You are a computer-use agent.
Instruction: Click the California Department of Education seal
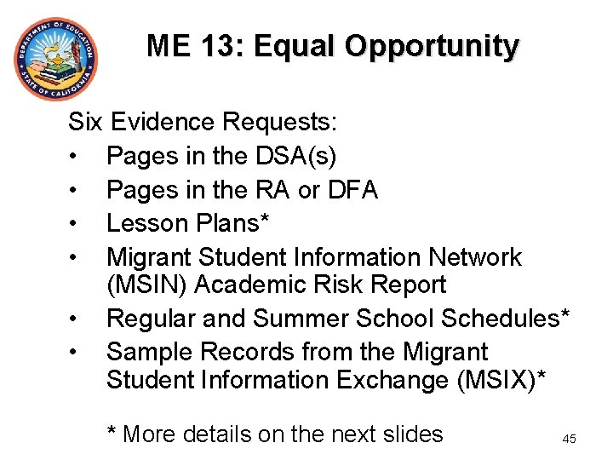click(55, 59)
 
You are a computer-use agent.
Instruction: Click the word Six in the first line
click(84, 122)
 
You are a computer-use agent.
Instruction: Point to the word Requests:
click(280, 123)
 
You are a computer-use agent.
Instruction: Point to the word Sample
click(148, 352)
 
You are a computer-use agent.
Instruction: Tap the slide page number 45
click(569, 439)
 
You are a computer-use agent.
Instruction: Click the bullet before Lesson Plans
click(75, 223)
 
